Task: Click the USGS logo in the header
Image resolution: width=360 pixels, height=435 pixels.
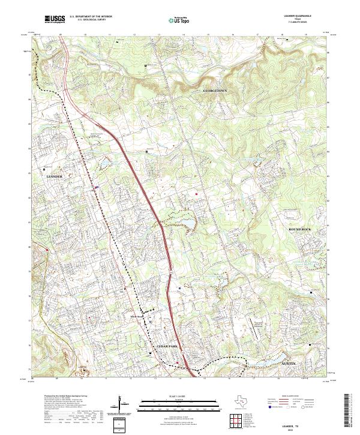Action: (x=55, y=19)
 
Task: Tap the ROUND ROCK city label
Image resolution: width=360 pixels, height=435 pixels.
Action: (x=301, y=229)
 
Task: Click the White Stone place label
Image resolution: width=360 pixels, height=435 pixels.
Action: (x=137, y=317)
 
